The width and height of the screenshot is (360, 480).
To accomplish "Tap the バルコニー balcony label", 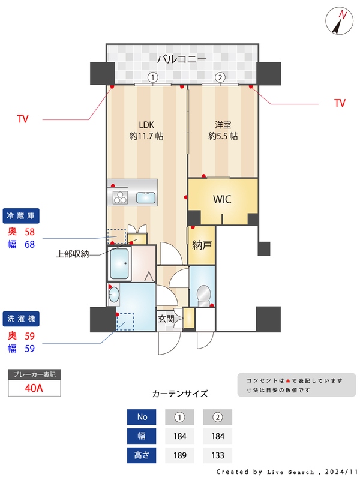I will pos(182,59).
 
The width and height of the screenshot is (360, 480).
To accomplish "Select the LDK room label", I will pos(146,125).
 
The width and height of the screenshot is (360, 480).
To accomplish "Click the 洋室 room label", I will pos(223,125).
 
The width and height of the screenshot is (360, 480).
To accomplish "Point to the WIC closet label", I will pos(223,199).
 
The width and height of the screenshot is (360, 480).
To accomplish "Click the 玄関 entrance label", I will pos(166,319).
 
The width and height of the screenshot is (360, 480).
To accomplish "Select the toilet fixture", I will pos(204,294).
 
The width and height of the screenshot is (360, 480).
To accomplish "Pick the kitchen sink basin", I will pos(146,197).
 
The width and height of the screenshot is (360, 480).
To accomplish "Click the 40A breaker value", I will pos(34,388).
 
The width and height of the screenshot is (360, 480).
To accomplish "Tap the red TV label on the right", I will pos(340,103).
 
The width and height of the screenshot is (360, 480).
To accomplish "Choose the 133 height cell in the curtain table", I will pos(217,455).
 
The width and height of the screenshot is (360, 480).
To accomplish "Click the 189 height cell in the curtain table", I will pos(179,455).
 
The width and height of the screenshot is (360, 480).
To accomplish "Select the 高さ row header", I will pos(142,455).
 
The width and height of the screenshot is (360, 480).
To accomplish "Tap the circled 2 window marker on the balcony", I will pos(220,77).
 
